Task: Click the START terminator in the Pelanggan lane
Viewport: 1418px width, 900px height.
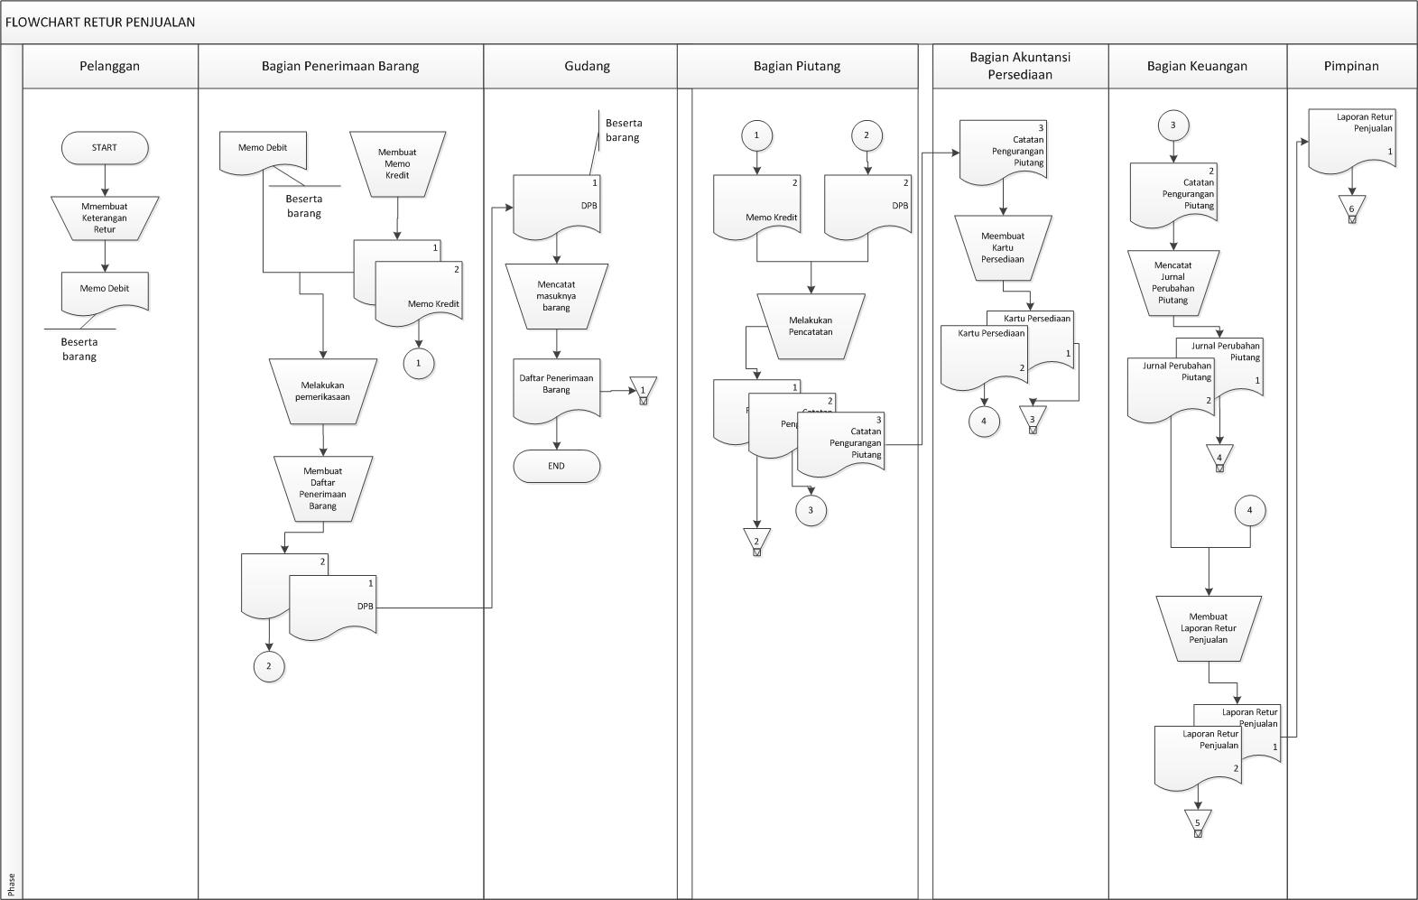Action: coord(105,148)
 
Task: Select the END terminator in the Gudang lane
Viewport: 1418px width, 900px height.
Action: coord(556,467)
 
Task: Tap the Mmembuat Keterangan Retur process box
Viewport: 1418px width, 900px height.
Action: coord(105,218)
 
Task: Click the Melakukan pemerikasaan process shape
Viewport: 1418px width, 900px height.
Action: coord(322,391)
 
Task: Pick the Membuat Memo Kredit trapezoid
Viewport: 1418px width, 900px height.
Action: coord(397,164)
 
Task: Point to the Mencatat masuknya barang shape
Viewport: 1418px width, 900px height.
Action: coord(556,296)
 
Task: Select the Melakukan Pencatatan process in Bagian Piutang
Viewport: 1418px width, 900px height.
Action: coord(811,326)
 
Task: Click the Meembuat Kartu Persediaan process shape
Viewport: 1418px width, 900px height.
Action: coord(1003,248)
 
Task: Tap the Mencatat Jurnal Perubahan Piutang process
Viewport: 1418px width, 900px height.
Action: coord(1172,283)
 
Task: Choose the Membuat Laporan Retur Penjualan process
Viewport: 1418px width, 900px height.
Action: coord(1208,628)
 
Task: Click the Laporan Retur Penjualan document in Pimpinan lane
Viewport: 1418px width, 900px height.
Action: coord(1351,141)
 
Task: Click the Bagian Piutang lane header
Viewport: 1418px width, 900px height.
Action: coord(797,66)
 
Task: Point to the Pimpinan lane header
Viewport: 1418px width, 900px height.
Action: coord(1350,66)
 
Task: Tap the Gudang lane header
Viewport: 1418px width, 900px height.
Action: coord(587,66)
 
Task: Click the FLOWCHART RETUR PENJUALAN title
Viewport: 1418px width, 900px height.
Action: coord(100,23)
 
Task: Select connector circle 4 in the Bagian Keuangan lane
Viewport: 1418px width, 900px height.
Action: coord(1249,510)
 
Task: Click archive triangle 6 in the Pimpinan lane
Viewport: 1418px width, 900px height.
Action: coord(1351,209)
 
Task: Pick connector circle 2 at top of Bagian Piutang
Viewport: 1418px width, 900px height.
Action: coord(867,135)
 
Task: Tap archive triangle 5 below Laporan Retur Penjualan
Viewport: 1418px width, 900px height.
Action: coord(1198,821)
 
